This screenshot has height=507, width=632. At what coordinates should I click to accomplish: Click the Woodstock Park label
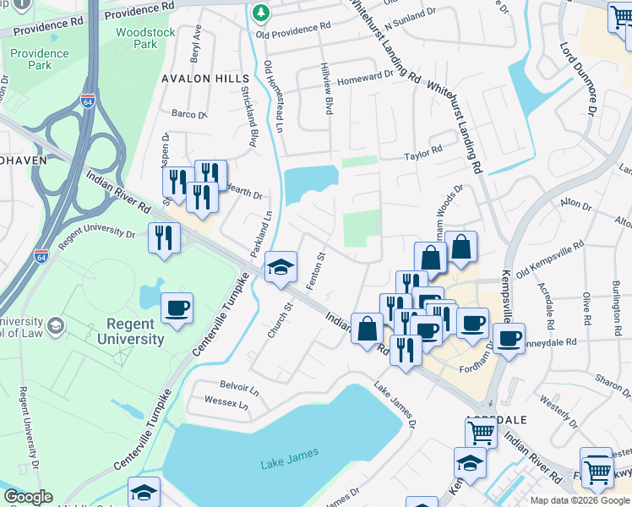(x=136, y=37)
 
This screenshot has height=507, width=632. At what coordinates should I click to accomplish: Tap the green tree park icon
(x=262, y=12)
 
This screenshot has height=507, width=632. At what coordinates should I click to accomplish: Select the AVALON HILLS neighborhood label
(x=200, y=78)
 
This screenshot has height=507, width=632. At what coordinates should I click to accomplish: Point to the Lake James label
(x=290, y=455)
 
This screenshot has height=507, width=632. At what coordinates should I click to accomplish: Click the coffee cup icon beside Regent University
(x=177, y=309)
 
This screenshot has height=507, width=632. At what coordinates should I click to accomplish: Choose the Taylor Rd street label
(x=423, y=151)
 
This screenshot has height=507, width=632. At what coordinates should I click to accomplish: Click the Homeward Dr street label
(x=366, y=75)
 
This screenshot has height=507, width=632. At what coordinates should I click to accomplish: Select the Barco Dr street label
(x=189, y=114)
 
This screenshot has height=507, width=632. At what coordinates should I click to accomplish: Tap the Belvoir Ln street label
(x=238, y=390)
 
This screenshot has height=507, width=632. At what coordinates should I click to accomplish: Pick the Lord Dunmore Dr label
(x=580, y=80)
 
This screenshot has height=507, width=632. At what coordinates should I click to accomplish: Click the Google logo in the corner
(x=28, y=497)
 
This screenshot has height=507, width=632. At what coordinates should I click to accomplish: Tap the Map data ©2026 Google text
(x=580, y=501)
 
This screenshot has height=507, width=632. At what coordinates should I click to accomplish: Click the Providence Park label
(x=40, y=59)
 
